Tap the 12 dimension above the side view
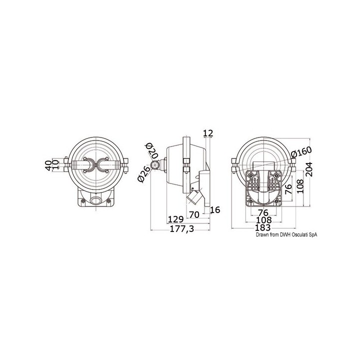point(208,133)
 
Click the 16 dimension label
point(215,209)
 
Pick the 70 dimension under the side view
point(194,214)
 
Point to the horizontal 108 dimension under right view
point(263,220)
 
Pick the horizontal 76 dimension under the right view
point(263,212)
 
